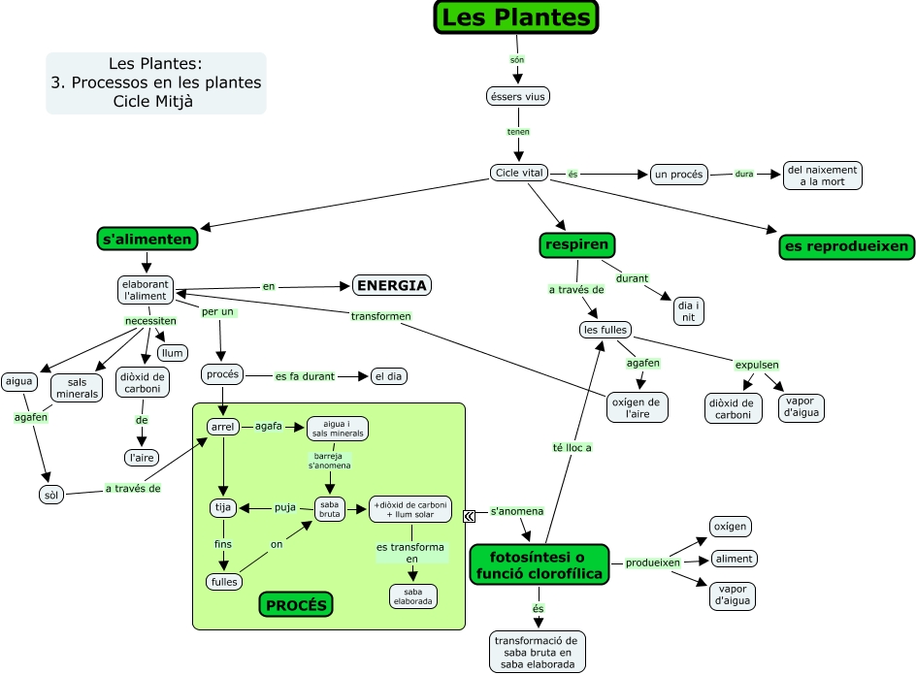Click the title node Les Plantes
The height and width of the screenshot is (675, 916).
point(515,17)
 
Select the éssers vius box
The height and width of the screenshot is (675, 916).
point(517,96)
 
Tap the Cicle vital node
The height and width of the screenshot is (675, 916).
point(519,174)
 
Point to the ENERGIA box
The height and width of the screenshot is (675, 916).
point(391,286)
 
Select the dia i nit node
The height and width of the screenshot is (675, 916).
point(688,311)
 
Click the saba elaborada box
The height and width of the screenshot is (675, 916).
point(412,595)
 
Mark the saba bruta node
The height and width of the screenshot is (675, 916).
point(330,509)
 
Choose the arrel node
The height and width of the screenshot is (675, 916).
point(222,427)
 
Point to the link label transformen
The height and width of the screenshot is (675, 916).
point(380,316)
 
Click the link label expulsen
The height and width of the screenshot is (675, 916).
point(757,366)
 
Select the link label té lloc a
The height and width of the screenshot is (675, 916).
point(572,448)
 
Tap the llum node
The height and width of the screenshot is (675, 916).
point(172,353)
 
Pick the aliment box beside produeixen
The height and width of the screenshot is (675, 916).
point(733,559)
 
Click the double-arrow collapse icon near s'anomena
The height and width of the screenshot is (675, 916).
point(470,516)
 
